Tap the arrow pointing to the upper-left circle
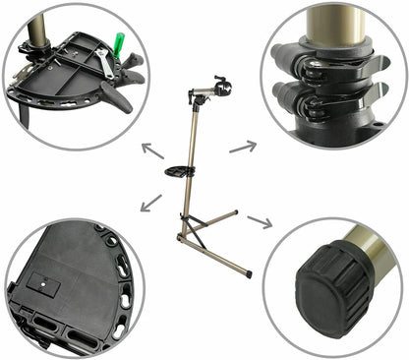click(x=151, y=150)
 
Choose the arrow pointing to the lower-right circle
click(x=260, y=220)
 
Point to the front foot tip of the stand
click(x=249, y=274)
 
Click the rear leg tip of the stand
click(x=236, y=210)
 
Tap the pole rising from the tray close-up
click(x=35, y=25)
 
